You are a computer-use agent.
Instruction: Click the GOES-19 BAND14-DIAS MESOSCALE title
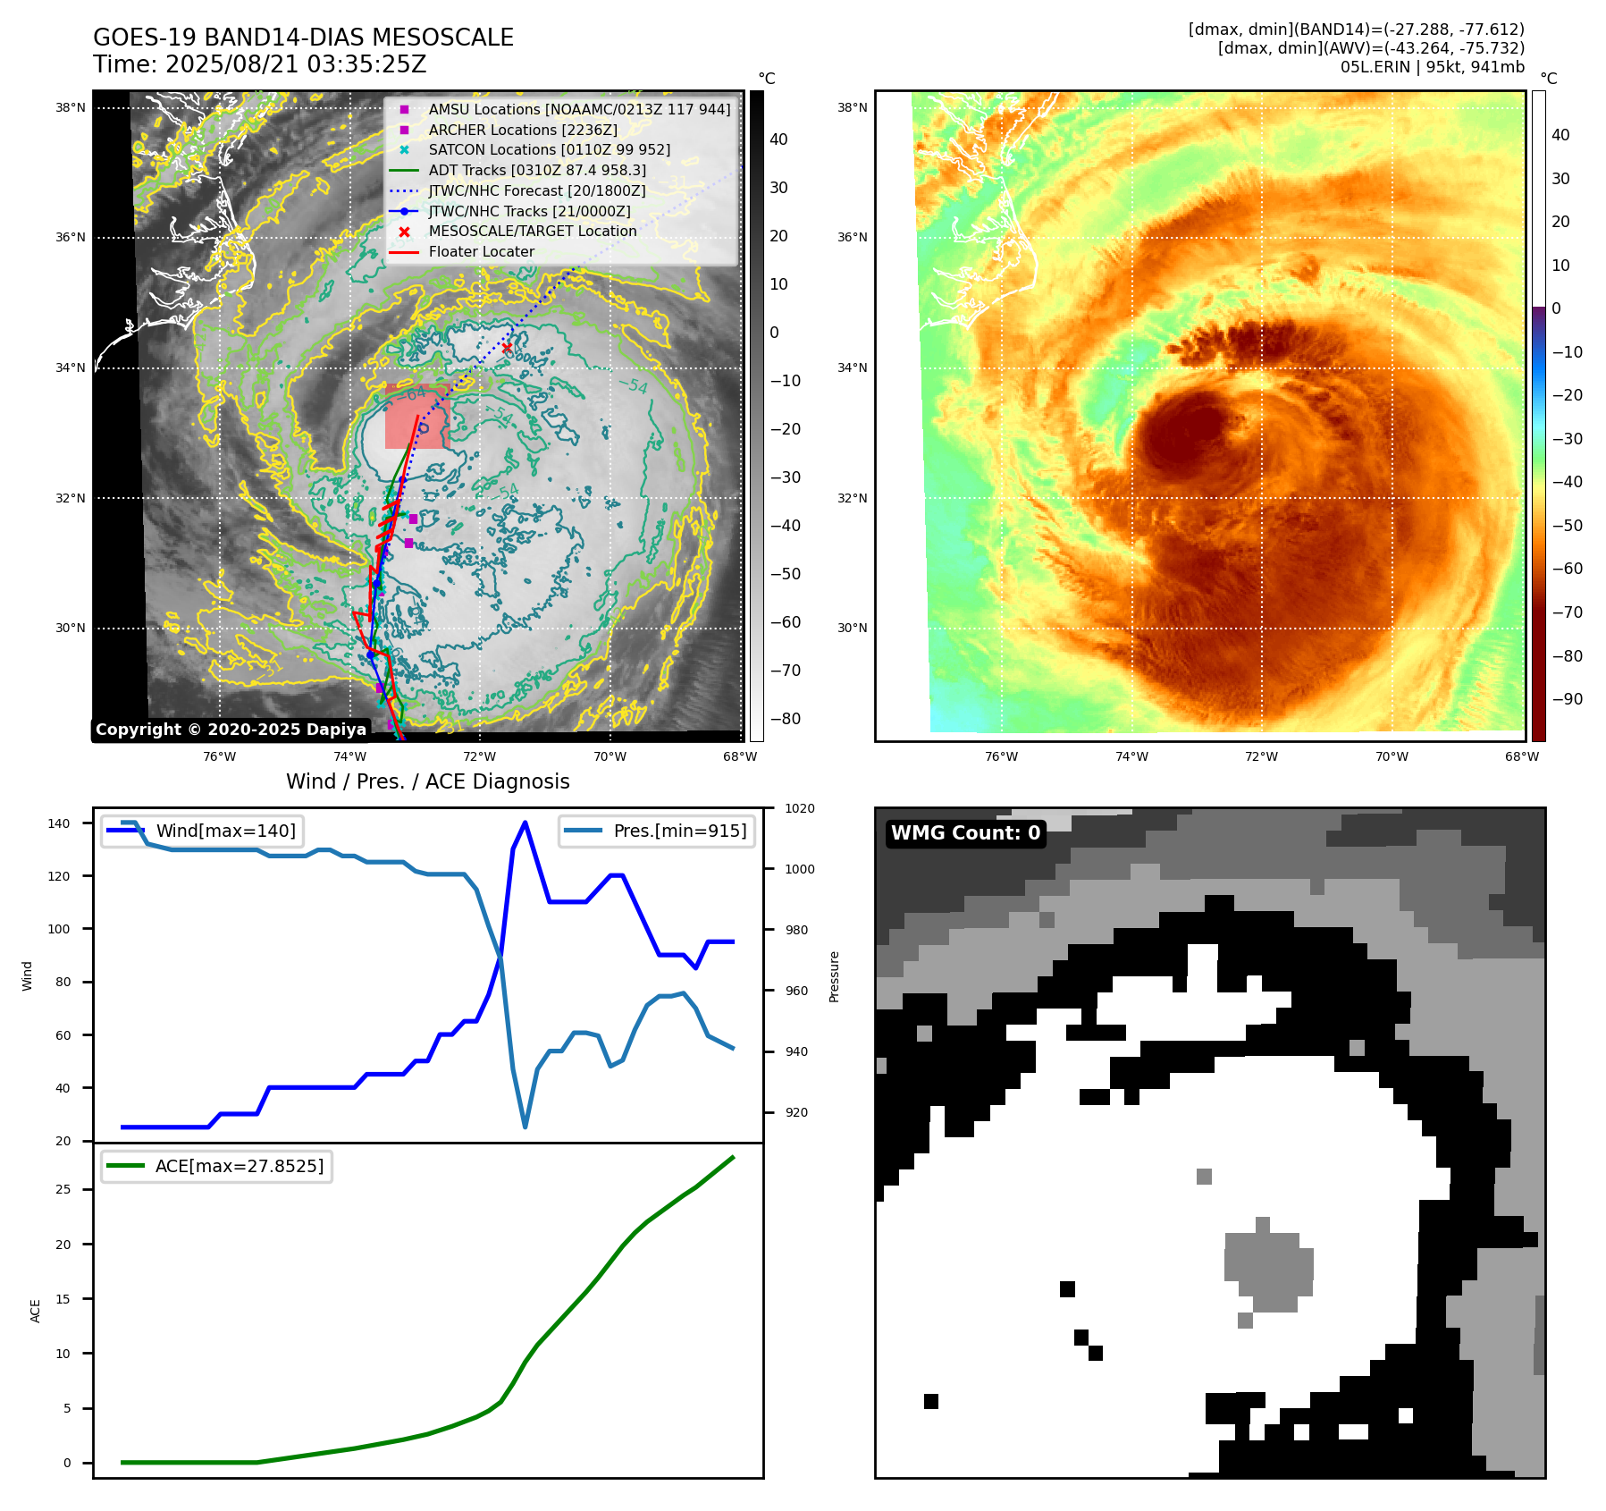(x=303, y=38)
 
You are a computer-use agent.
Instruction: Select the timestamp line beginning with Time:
(x=259, y=65)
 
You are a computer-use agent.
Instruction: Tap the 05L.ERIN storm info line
(x=1432, y=67)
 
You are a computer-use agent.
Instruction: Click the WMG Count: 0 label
(x=965, y=833)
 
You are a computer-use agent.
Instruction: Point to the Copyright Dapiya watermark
(x=231, y=730)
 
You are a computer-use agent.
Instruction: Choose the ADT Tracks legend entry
(x=536, y=170)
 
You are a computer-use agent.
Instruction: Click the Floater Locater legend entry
(x=481, y=252)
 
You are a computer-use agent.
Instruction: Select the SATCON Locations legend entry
(x=549, y=150)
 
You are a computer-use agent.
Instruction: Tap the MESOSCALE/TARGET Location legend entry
(x=532, y=232)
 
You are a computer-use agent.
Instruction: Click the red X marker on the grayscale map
(x=507, y=348)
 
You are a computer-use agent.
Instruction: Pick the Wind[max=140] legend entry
(x=225, y=831)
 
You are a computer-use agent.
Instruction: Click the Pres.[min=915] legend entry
(x=679, y=831)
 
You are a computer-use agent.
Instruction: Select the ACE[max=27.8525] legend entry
(x=239, y=1166)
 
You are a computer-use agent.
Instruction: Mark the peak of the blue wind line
(x=525, y=823)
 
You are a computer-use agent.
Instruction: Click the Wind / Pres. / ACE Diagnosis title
(x=427, y=781)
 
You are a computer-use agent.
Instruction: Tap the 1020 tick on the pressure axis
(x=799, y=808)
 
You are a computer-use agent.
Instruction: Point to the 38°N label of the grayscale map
(x=71, y=108)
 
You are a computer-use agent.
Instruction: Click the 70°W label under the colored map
(x=1392, y=756)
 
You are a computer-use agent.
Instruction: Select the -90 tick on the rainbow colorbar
(x=1567, y=699)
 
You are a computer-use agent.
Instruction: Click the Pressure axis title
(x=834, y=976)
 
